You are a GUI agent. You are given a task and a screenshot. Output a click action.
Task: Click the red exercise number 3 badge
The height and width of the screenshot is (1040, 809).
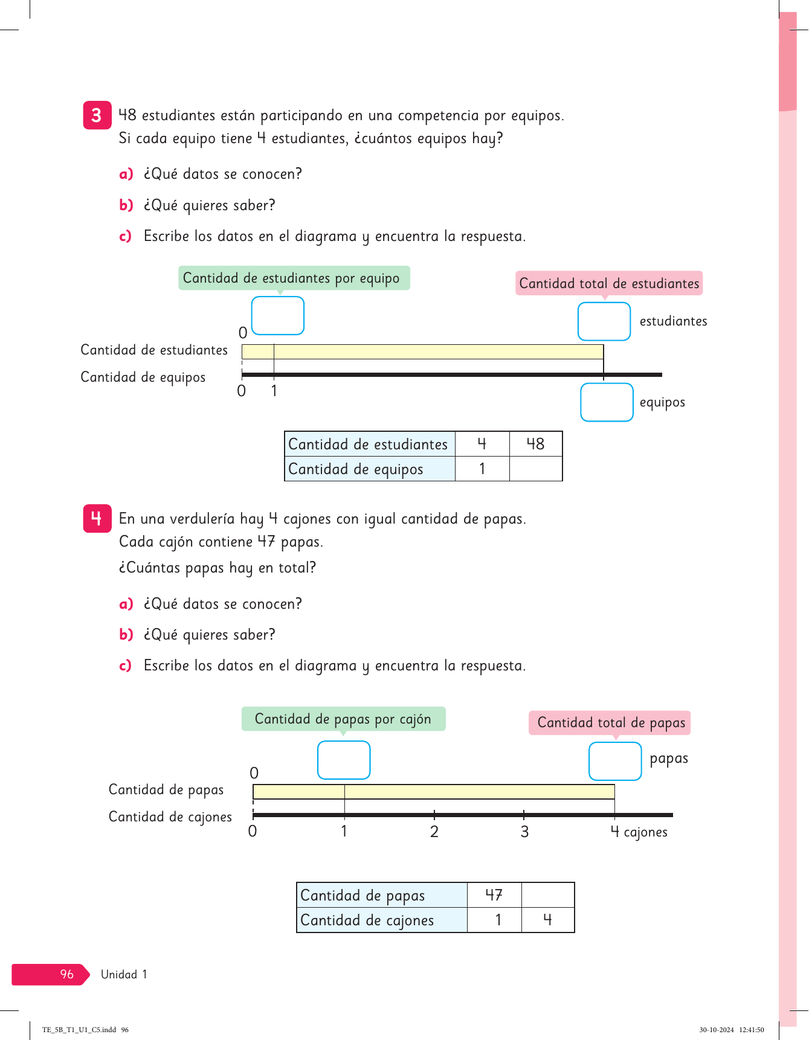click(x=97, y=115)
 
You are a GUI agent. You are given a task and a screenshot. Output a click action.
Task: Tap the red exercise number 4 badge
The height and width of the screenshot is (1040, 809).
click(x=97, y=518)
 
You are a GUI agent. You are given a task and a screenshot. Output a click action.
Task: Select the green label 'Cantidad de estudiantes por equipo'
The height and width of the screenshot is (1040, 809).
click(x=294, y=278)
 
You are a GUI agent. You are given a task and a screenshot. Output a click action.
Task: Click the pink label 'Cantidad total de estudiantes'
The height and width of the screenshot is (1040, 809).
click(x=609, y=283)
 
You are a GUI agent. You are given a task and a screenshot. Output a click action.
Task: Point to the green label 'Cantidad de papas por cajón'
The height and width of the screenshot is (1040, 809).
click(x=343, y=719)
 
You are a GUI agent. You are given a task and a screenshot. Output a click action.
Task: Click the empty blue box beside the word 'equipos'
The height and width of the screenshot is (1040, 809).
click(x=607, y=402)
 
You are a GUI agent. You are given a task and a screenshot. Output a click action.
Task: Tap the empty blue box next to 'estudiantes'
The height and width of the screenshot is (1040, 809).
click(x=604, y=321)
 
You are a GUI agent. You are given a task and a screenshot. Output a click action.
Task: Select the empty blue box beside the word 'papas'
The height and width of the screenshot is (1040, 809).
click(x=615, y=761)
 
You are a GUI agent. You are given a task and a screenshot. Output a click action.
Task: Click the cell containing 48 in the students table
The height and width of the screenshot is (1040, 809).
click(x=536, y=444)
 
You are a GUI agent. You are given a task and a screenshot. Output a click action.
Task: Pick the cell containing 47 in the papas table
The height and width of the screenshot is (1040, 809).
click(x=494, y=895)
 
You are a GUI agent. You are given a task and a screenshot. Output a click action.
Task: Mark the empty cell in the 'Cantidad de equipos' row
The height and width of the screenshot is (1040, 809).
click(x=536, y=469)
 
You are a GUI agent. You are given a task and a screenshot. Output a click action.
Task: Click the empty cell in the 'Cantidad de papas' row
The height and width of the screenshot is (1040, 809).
click(x=547, y=895)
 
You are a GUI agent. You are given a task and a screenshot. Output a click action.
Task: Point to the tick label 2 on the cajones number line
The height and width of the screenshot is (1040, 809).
click(x=434, y=832)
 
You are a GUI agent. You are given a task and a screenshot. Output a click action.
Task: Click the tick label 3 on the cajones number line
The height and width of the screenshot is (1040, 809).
click(x=524, y=832)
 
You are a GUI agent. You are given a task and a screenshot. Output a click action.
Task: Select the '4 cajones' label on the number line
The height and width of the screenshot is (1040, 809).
click(x=639, y=832)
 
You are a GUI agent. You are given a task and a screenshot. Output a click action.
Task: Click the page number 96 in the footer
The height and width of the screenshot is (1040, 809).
click(x=66, y=974)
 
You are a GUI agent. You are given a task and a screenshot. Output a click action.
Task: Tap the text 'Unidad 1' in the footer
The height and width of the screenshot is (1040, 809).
click(x=124, y=974)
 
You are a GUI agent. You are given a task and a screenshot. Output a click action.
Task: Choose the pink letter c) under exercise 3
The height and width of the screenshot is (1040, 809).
click(x=125, y=236)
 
